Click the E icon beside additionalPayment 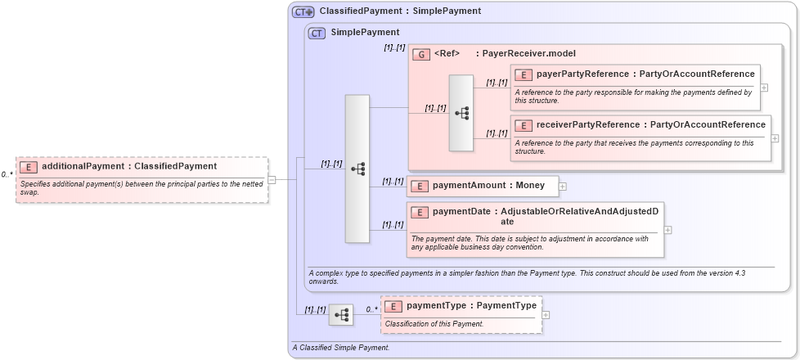tap(29, 166)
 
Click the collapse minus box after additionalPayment tap(272, 180)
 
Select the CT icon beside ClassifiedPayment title tap(303, 12)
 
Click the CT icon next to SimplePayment tap(317, 33)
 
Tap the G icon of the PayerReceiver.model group tap(420, 54)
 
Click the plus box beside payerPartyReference tap(764, 88)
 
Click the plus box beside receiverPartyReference tap(775, 137)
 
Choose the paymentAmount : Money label tap(488, 186)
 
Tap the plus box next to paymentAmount tap(562, 187)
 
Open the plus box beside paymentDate tap(668, 229)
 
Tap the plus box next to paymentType tap(546, 314)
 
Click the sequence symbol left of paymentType tap(341, 314)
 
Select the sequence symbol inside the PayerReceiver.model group tap(461, 113)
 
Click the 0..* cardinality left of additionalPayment tap(7, 174)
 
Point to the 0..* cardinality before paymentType tap(371, 309)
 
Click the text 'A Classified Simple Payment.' tap(341, 348)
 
